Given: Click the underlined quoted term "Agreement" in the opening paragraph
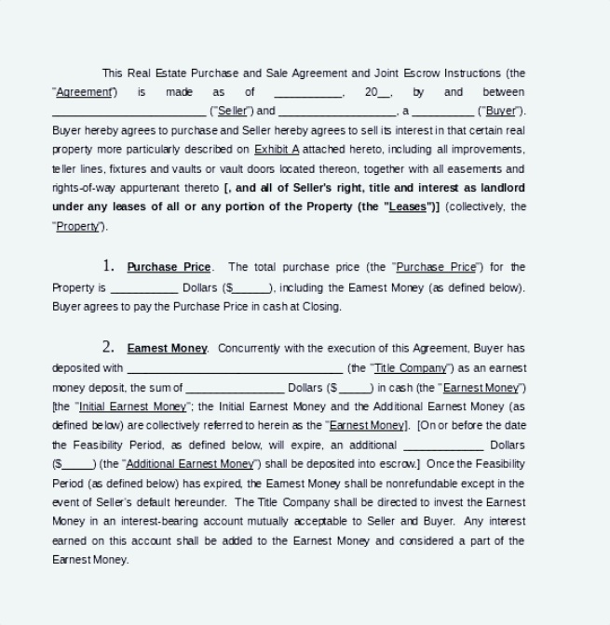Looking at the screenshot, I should click(x=85, y=92).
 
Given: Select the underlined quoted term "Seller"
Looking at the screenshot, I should click(x=234, y=111).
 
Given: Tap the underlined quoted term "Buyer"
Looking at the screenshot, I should click(x=501, y=111).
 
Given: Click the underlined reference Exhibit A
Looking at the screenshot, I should click(x=277, y=149).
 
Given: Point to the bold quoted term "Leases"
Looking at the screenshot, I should click(x=407, y=206).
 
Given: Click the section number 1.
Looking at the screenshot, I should click(x=108, y=267).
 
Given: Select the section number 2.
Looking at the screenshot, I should click(x=108, y=348).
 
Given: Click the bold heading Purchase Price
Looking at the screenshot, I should click(x=169, y=268).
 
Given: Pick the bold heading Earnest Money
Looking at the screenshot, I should click(x=167, y=349).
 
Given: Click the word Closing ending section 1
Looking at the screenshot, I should click(x=322, y=306).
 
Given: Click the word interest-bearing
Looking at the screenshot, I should click(x=143, y=522).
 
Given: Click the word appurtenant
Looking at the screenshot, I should click(x=162, y=188).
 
